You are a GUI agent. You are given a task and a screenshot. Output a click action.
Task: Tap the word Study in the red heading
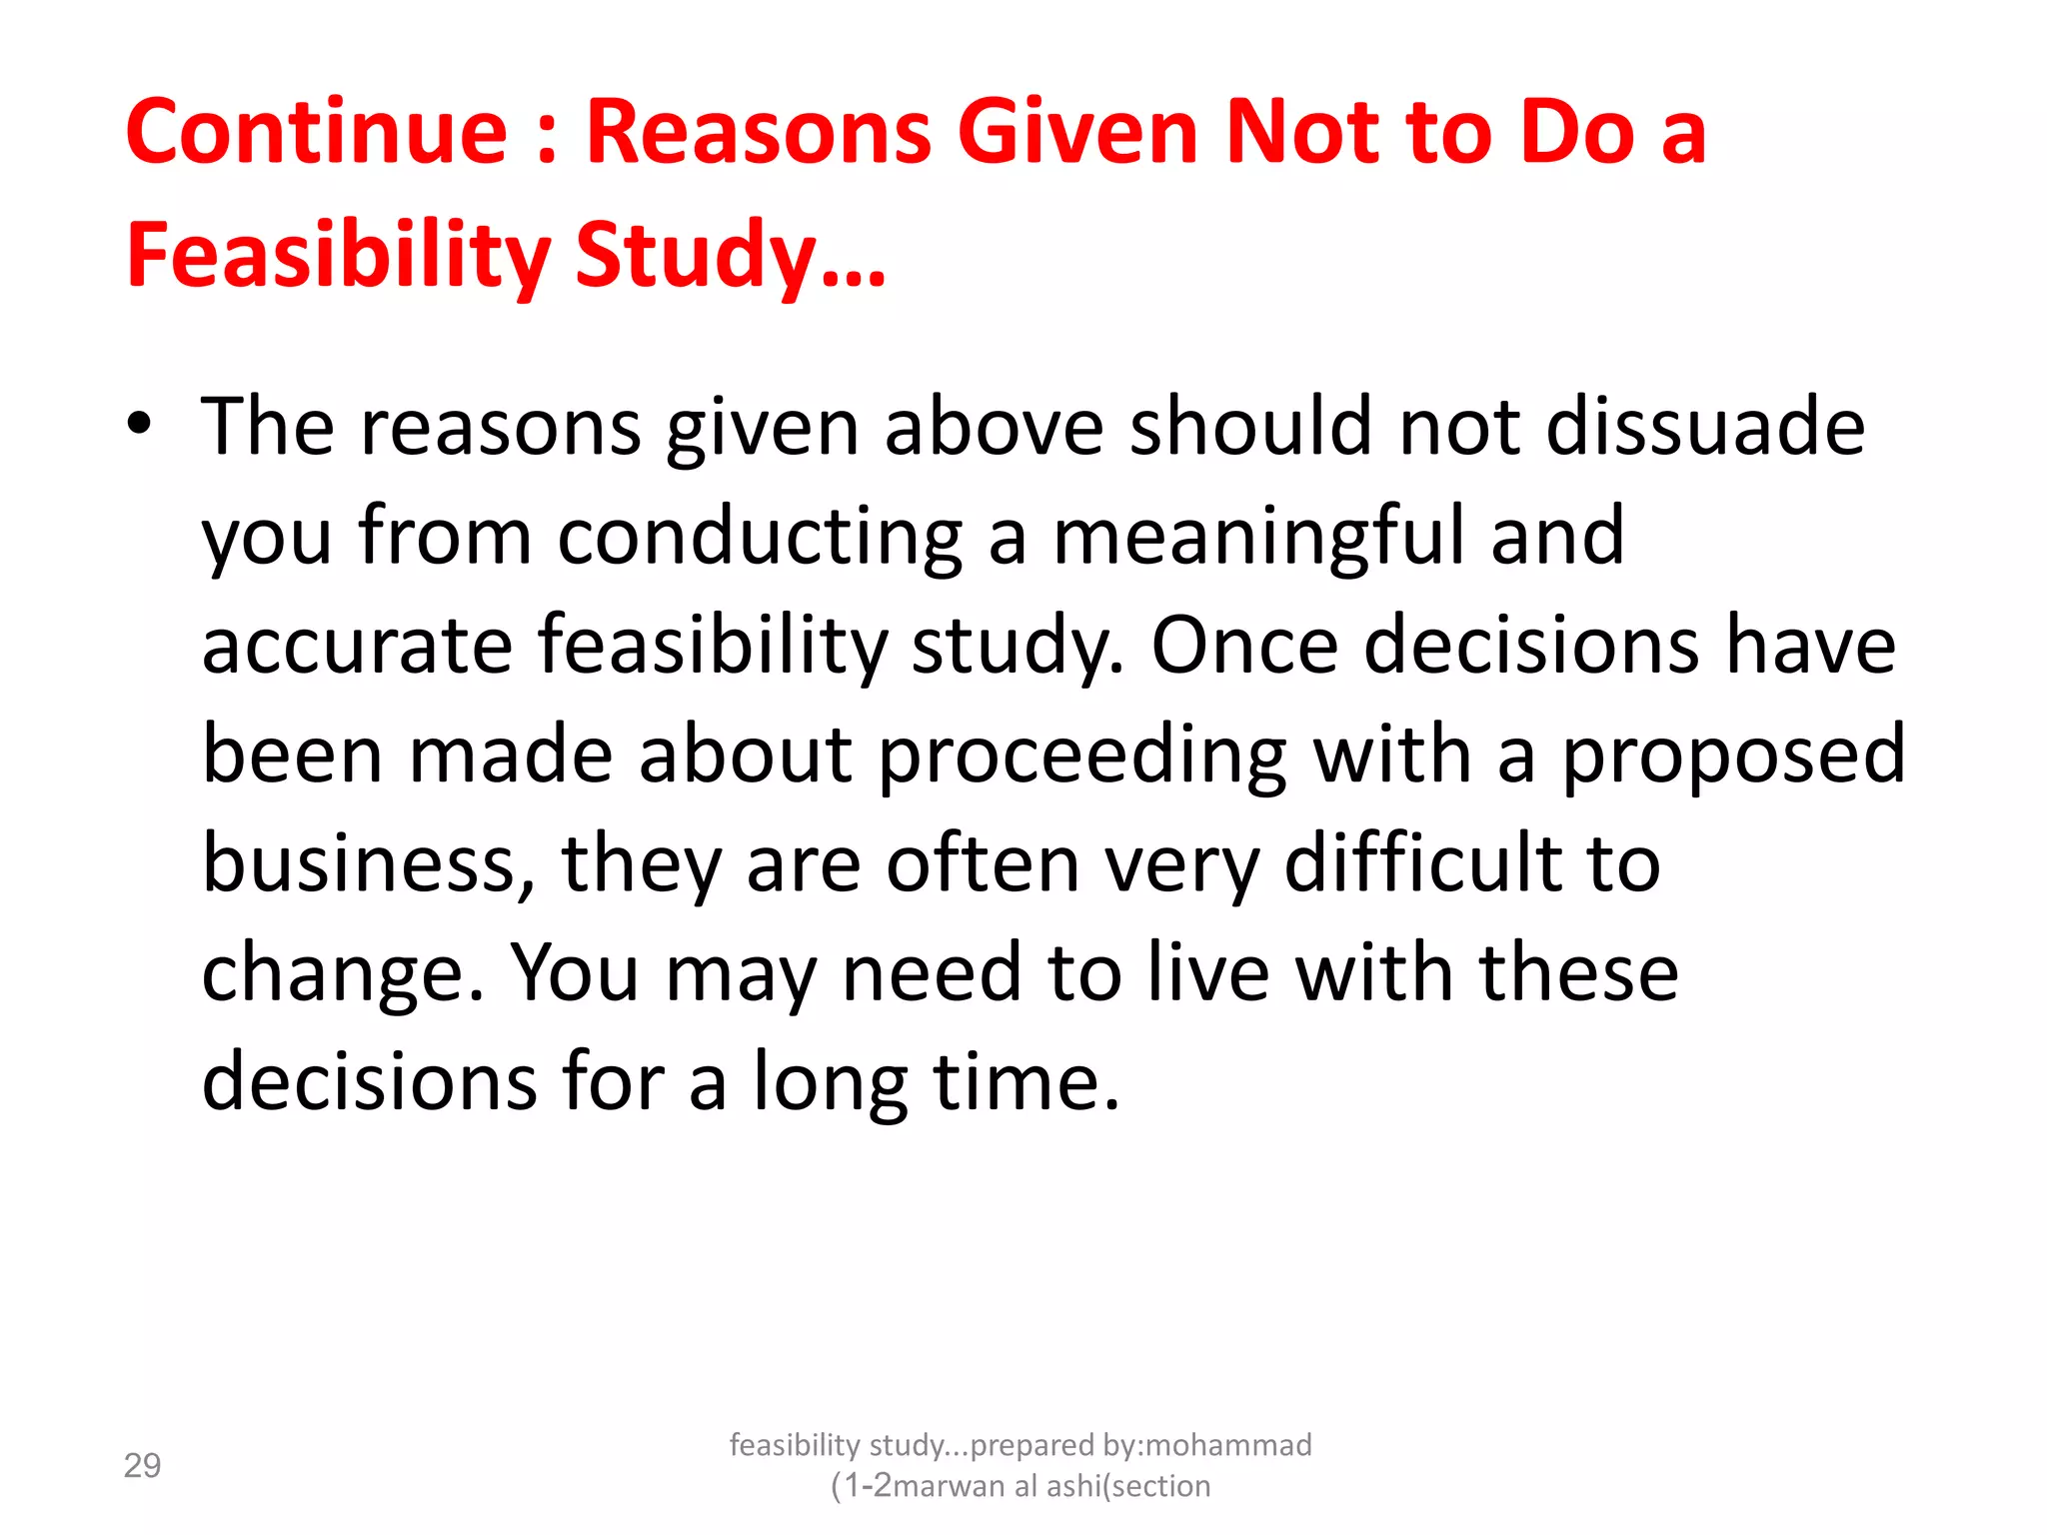[x=696, y=256]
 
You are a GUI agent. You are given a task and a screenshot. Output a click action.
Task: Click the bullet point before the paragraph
[x=140, y=423]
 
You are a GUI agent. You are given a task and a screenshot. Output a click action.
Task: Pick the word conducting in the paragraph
[x=760, y=537]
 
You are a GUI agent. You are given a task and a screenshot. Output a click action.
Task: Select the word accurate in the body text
[x=357, y=646]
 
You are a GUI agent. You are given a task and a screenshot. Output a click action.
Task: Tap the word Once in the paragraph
[x=1244, y=646]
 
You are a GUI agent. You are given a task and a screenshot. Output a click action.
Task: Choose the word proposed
[x=1733, y=756]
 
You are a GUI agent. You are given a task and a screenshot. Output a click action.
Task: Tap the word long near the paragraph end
[x=831, y=1082]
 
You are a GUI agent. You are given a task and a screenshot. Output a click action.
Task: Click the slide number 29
[x=142, y=1466]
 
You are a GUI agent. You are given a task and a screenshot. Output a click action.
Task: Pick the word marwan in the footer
[x=949, y=1486]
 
